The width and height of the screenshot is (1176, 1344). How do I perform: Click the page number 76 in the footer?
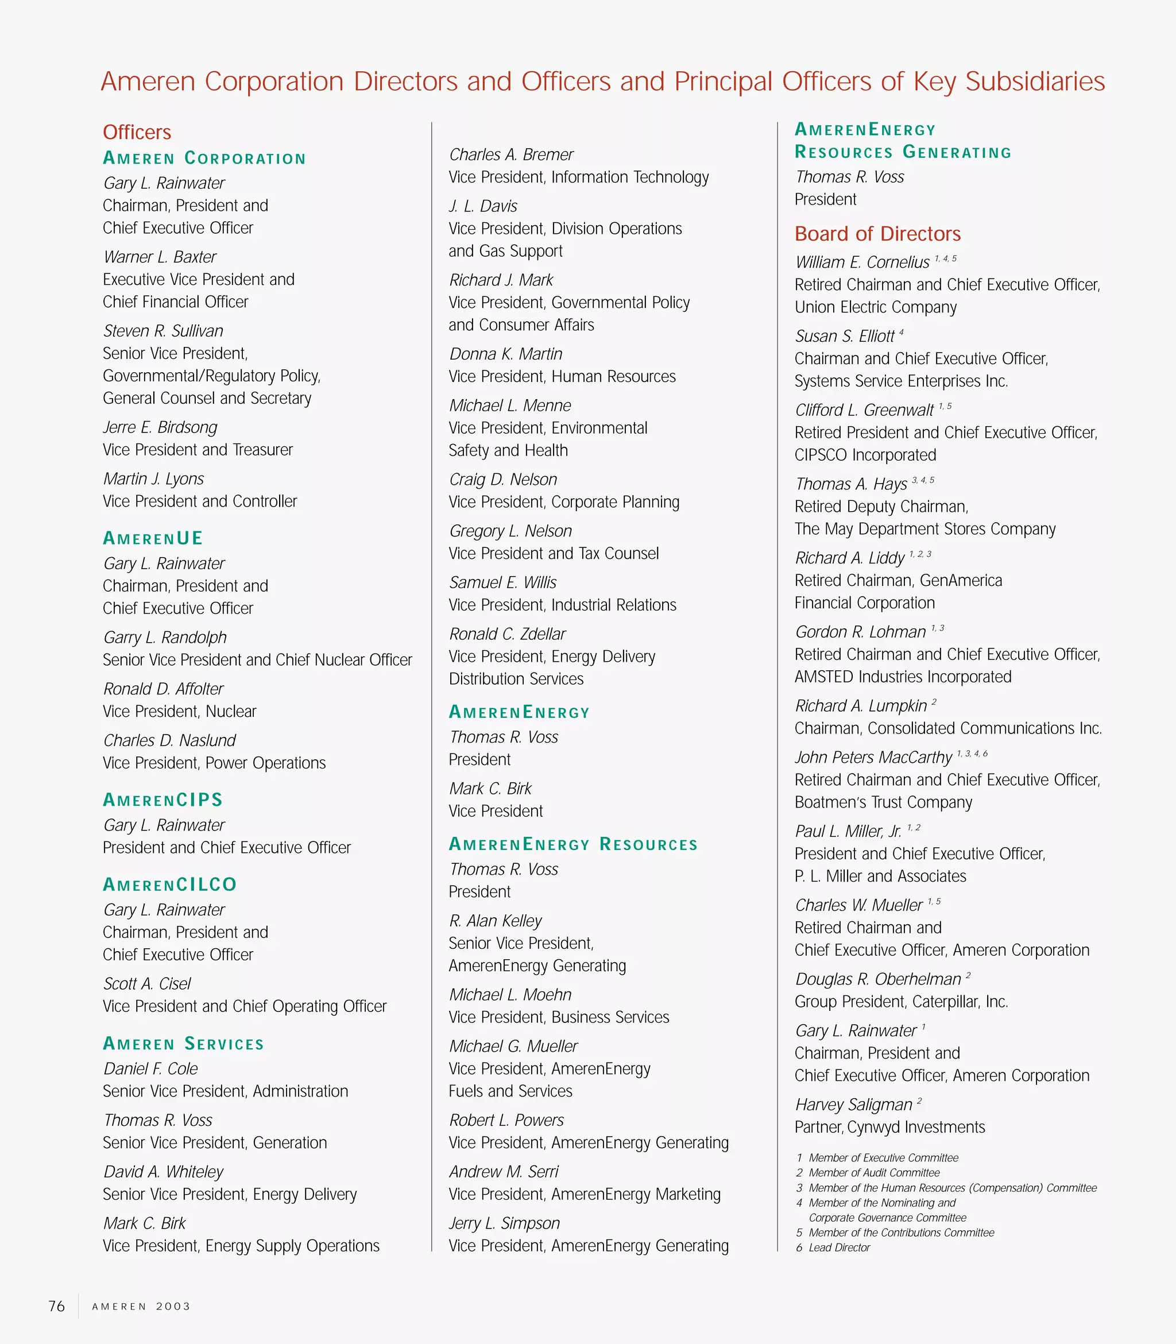pos(56,1306)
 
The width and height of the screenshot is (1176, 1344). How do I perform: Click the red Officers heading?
pos(137,132)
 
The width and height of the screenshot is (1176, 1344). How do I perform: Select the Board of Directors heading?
pos(877,234)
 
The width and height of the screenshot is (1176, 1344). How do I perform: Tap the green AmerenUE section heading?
pos(153,538)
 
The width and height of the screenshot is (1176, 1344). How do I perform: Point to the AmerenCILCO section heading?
pos(170,885)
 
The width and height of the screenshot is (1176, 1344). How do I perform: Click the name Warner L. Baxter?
pos(160,257)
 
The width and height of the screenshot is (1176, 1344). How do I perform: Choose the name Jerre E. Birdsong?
pos(160,427)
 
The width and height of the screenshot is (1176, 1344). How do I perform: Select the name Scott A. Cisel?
pos(147,984)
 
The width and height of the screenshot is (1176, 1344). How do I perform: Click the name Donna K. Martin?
pos(505,354)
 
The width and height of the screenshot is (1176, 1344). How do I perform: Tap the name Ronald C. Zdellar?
pos(507,634)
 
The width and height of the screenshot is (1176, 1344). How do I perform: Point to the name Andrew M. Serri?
pos(504,1172)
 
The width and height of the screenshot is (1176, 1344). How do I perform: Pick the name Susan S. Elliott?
pos(845,336)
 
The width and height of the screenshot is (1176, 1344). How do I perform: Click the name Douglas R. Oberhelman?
pos(878,979)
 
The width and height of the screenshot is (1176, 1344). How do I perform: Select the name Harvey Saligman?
pos(854,1104)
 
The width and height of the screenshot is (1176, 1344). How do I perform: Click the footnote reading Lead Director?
pos(839,1248)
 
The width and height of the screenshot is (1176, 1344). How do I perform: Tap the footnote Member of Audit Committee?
pos(873,1173)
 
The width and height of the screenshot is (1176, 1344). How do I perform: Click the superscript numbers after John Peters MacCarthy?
pos(972,754)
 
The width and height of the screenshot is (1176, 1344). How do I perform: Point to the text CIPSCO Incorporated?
pos(865,455)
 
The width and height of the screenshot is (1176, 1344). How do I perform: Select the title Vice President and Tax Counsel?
pos(553,553)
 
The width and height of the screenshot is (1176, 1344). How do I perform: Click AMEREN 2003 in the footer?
pos(141,1307)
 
